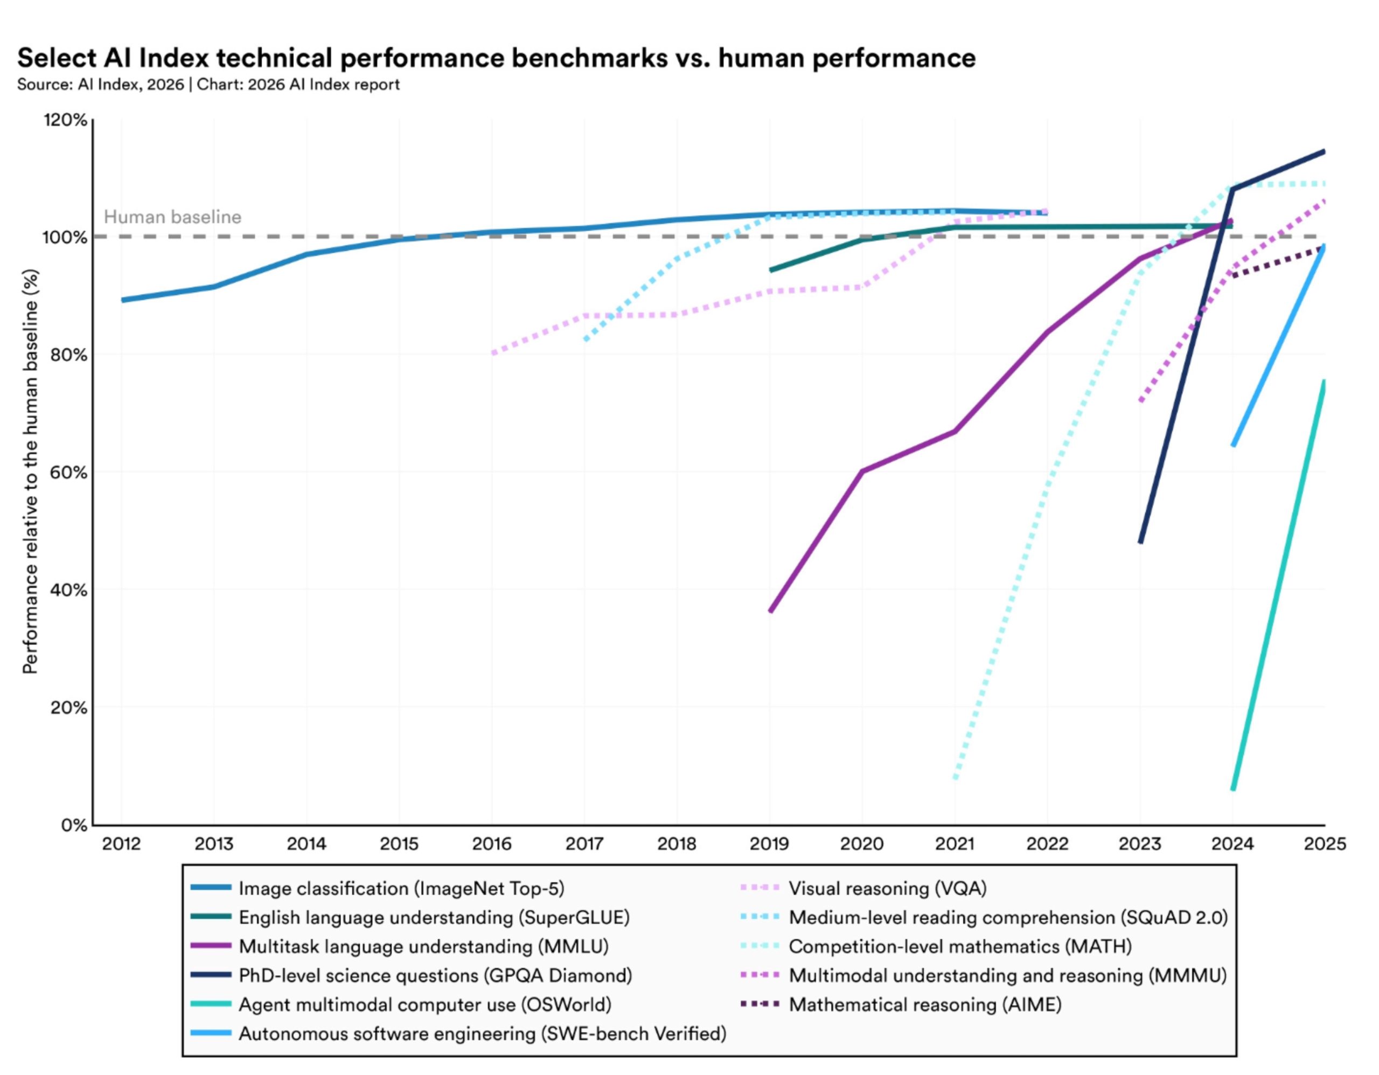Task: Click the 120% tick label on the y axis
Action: (x=65, y=120)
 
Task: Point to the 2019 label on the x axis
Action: (x=769, y=844)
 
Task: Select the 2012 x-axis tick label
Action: (x=122, y=844)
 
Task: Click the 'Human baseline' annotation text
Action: (x=172, y=217)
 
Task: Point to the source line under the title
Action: (x=208, y=85)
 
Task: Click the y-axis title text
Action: (x=30, y=472)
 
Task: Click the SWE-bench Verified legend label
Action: (x=483, y=1034)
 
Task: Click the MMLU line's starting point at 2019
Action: (x=771, y=611)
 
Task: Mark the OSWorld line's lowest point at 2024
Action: (x=1233, y=788)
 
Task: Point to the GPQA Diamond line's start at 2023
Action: (x=1141, y=542)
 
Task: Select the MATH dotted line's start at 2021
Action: (x=955, y=778)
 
